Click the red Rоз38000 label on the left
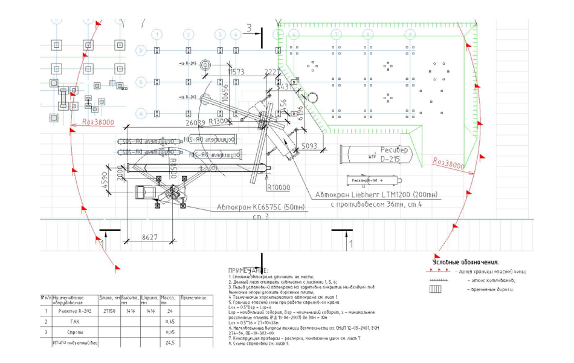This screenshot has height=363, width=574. (98, 122)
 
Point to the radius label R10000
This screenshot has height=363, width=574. (279, 187)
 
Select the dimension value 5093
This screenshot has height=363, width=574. (310, 146)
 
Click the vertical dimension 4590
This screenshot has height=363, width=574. (104, 181)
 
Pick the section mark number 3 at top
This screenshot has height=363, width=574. (248, 28)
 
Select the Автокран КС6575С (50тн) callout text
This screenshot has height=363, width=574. (262, 208)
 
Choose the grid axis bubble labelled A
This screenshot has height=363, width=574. (141, 113)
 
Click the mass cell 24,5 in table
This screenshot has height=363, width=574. (170, 343)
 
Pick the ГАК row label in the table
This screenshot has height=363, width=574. (75, 321)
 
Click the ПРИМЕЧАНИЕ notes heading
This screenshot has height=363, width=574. (248, 270)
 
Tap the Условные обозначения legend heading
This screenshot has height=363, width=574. (465, 263)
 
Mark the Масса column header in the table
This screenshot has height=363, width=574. (169, 299)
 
